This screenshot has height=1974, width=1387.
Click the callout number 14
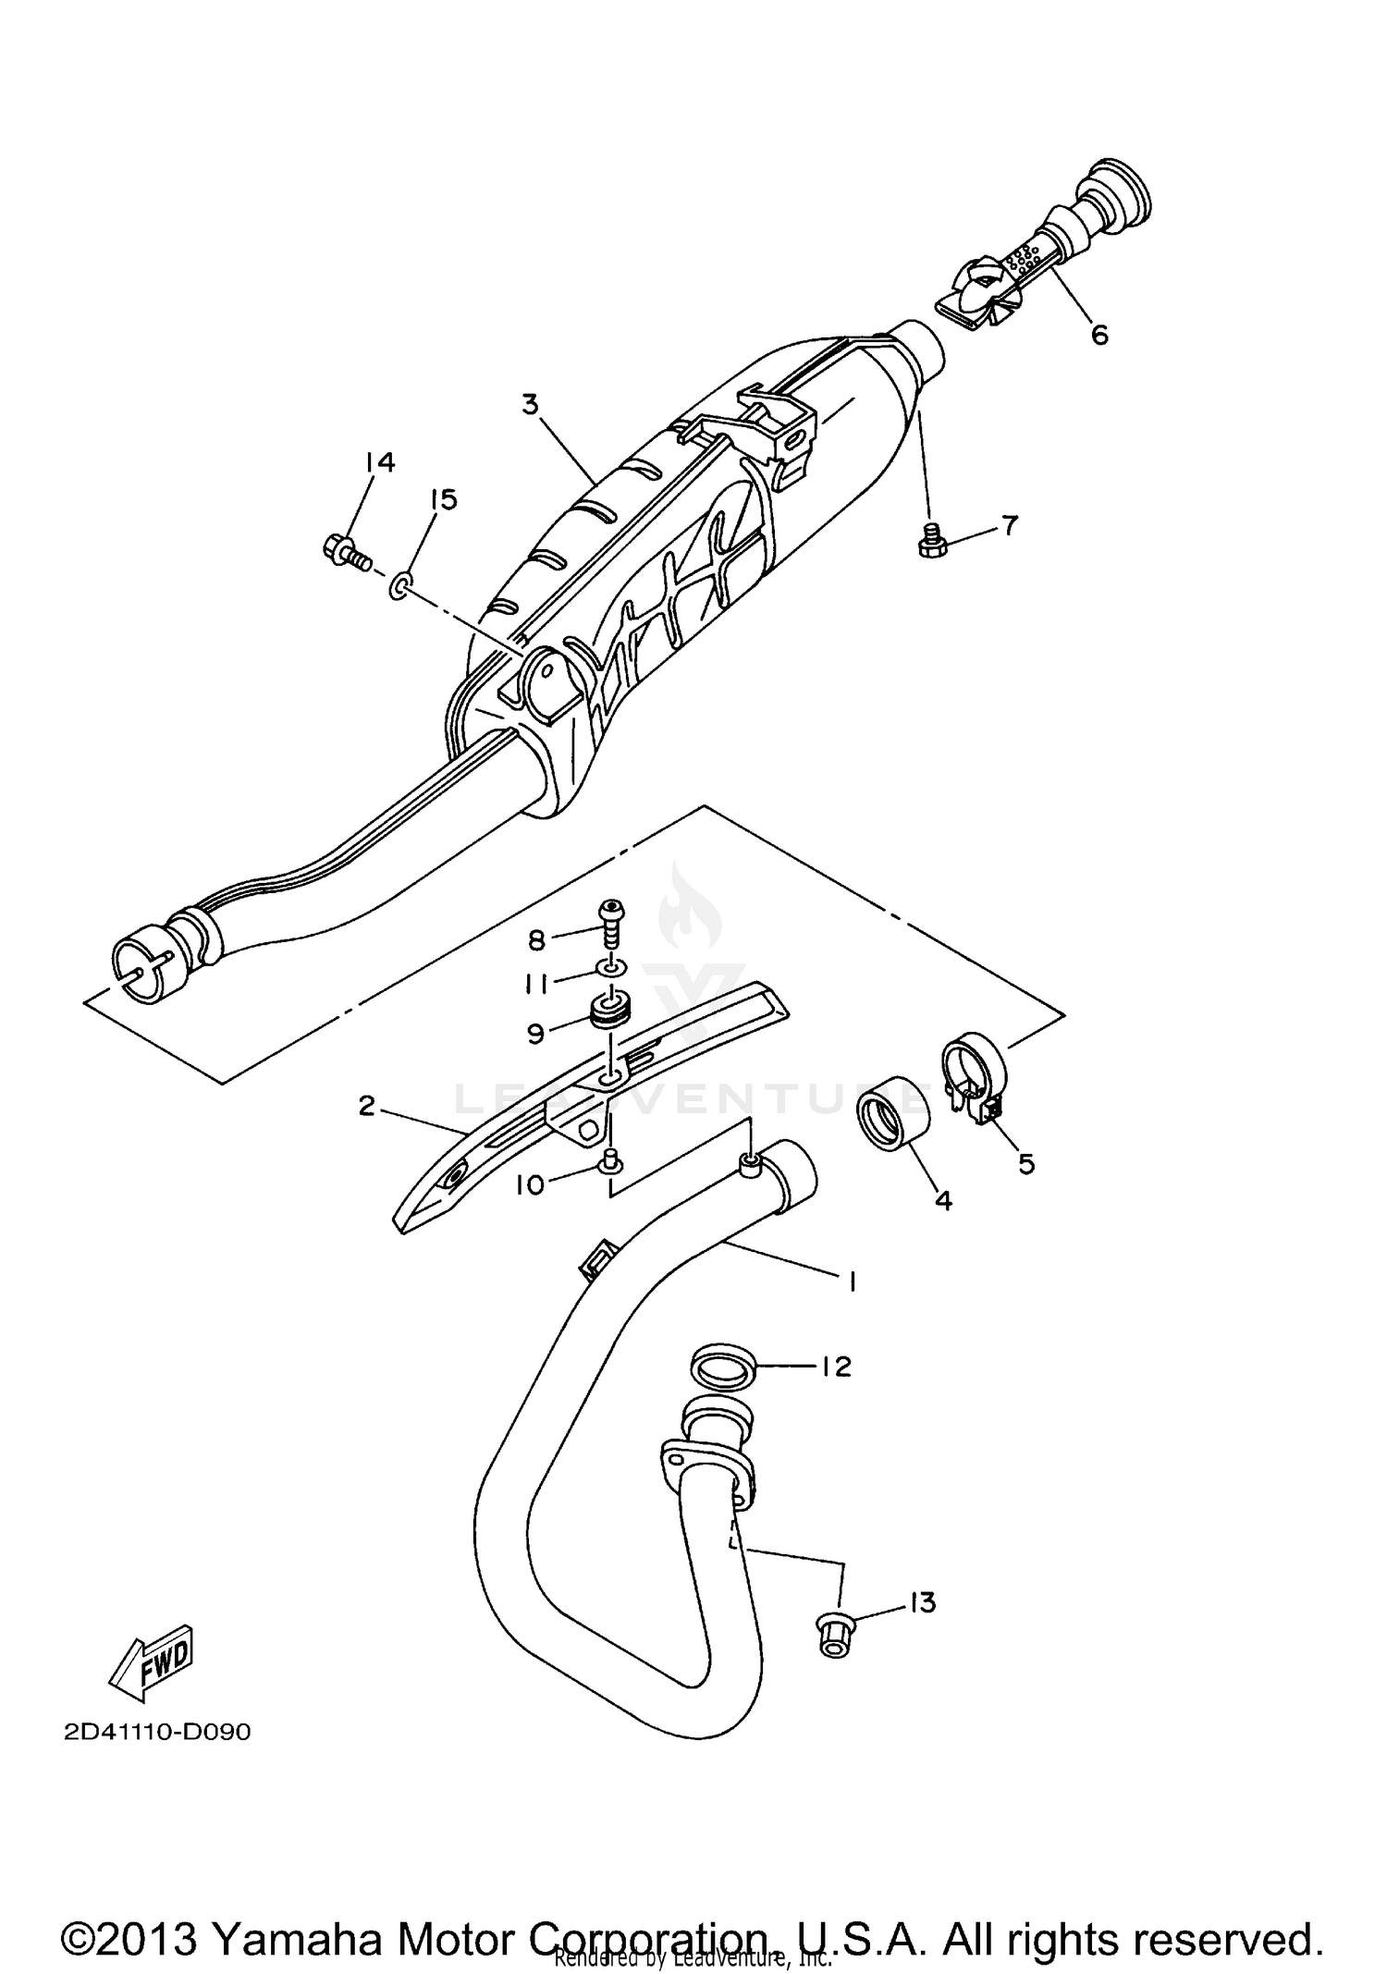click(379, 462)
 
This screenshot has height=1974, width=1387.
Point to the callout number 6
click(1099, 335)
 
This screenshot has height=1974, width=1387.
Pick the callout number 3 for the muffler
click(529, 405)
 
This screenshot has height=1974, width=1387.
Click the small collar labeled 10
click(608, 1160)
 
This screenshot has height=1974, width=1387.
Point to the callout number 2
click(367, 1105)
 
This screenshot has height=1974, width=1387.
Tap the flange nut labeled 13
click(834, 1635)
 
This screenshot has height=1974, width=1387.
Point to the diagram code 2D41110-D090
click(158, 1732)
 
